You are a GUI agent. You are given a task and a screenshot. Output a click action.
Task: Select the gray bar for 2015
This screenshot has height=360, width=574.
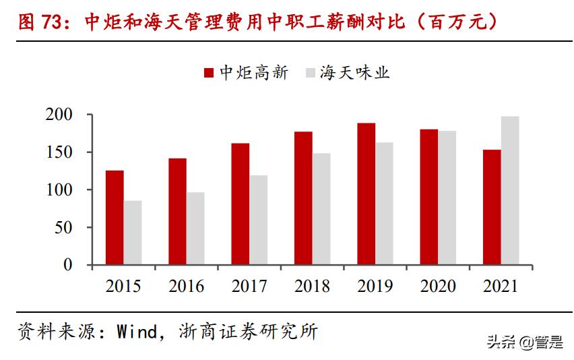[132, 232]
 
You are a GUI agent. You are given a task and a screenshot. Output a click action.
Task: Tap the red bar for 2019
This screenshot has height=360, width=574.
[366, 193]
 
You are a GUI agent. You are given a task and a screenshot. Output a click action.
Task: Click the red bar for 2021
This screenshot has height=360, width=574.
[492, 207]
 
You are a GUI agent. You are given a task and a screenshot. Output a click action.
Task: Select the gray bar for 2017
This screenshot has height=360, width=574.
[258, 220]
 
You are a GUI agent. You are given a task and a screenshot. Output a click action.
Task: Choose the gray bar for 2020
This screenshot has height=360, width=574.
[447, 198]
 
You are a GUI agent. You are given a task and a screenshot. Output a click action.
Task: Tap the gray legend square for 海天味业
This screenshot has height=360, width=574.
[311, 73]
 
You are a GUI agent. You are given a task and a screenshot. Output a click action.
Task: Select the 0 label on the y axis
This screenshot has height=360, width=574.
[67, 265]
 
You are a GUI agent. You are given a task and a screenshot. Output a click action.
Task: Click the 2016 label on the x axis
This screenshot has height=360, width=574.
[187, 287]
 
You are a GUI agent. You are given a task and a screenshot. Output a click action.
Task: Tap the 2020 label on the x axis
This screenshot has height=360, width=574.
[438, 287]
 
